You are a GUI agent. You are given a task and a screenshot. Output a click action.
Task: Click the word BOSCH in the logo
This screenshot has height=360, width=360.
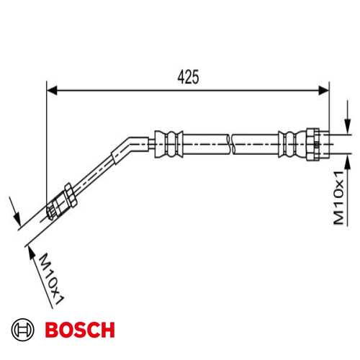tap(79, 330)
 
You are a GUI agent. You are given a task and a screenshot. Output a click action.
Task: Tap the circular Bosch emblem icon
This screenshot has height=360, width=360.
tap(23, 330)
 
